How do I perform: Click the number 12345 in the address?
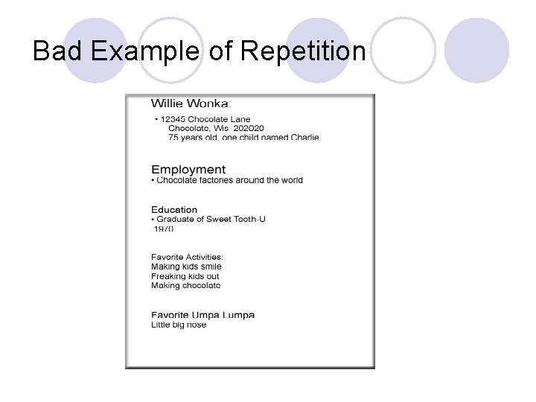(x=173, y=119)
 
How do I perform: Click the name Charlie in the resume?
(x=302, y=137)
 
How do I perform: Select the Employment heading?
(x=188, y=170)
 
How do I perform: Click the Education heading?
(x=174, y=210)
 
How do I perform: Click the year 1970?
(x=164, y=229)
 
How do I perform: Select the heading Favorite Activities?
(x=187, y=258)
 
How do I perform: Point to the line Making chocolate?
(x=186, y=285)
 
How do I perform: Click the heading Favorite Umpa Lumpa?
(x=202, y=315)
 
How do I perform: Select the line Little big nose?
(x=179, y=325)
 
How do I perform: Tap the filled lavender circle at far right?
(x=476, y=51)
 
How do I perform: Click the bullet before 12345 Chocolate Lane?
(x=156, y=119)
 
